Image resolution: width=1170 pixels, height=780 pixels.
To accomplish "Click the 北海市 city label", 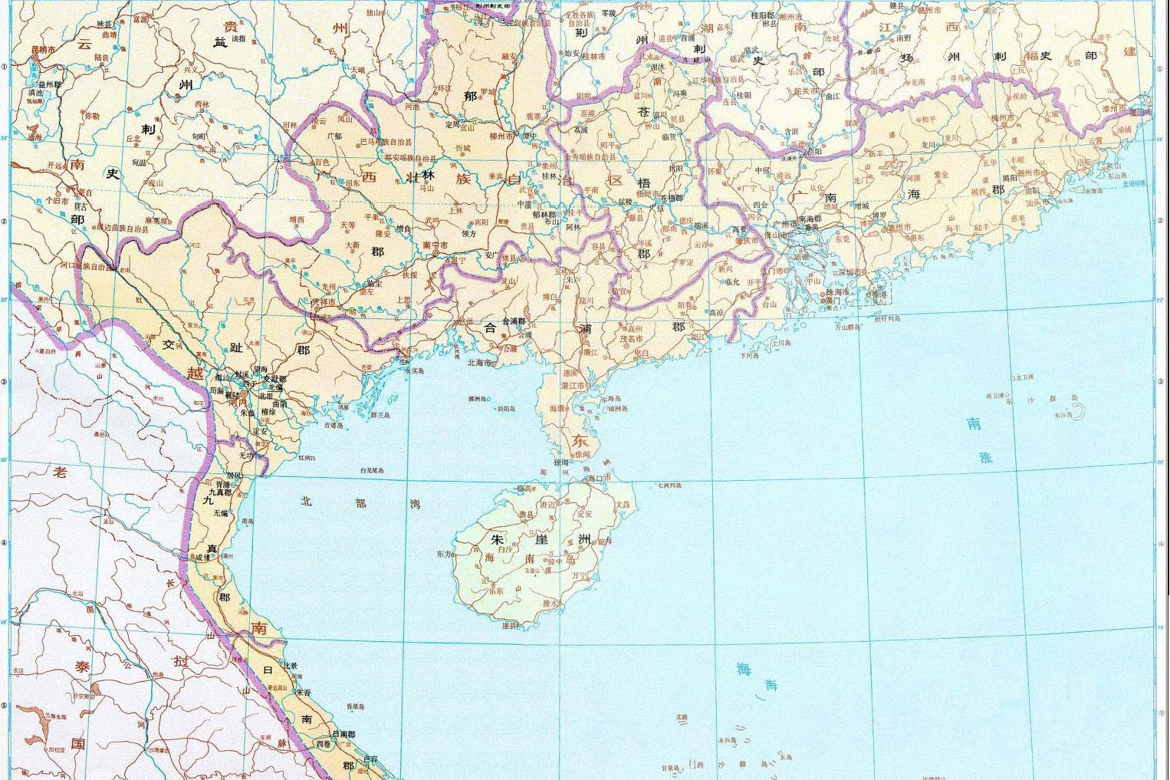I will point(479,363).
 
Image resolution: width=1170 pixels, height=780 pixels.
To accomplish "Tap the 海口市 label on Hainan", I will point(601,478).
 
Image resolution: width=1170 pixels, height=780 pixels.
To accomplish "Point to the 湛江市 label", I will point(574,386).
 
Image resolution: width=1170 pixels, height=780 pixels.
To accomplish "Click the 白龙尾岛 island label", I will point(372,471).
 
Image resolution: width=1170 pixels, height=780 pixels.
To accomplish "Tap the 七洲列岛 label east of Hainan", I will point(669,485).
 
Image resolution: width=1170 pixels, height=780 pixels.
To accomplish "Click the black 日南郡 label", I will point(346,734).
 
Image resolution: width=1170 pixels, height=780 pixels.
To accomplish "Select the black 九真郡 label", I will point(219,492).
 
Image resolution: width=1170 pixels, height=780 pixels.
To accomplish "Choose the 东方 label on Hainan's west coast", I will point(443,553).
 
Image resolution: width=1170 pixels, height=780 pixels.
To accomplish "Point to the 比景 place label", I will point(290,666).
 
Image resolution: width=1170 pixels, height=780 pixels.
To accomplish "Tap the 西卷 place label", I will point(324,744).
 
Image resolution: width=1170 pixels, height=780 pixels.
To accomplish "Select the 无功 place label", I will point(246,456).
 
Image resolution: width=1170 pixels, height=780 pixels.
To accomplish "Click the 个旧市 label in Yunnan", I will point(57,200).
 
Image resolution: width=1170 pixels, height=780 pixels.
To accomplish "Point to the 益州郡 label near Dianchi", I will point(48,84).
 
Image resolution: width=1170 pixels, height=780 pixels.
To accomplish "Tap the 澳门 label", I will point(831,301).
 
